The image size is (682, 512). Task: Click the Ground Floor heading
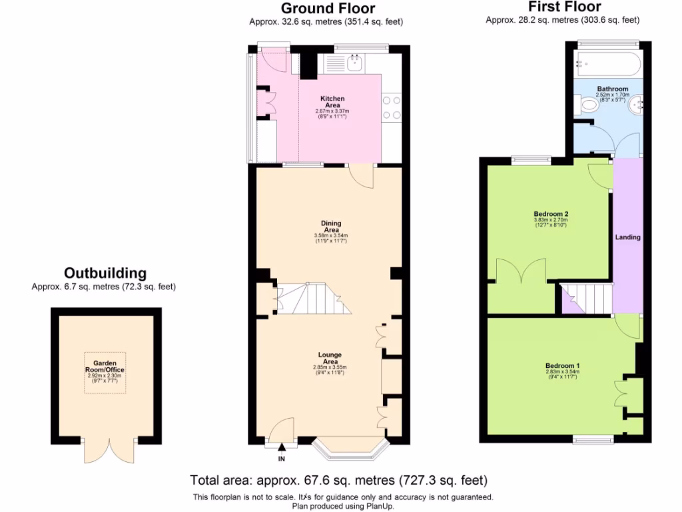coord(327,9)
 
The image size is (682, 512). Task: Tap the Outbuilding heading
coord(105,273)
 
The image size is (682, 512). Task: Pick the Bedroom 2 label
coord(550,214)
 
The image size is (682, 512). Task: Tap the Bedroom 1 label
coord(563,366)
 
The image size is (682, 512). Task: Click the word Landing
coord(627,237)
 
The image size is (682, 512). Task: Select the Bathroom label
coord(611,89)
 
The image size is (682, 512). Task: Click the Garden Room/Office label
coord(105,367)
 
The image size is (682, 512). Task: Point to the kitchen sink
coord(355,63)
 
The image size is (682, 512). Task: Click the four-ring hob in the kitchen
coord(390,107)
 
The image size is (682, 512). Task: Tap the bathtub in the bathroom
coord(608,64)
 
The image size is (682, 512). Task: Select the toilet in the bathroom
coord(587,105)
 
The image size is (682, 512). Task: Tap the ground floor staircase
coord(313,299)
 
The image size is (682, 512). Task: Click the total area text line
coord(338,480)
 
